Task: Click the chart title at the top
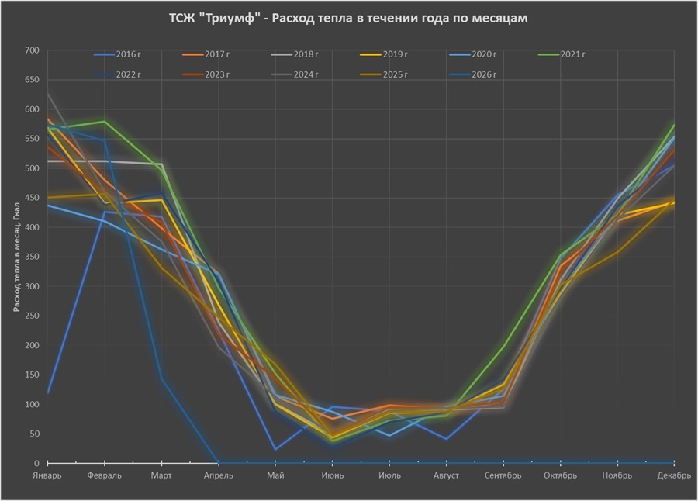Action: pyautogui.click(x=348, y=19)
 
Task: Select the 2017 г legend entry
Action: pyautogui.click(x=217, y=54)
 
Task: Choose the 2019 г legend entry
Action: pyautogui.click(x=395, y=54)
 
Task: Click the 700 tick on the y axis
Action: pyautogui.click(x=31, y=50)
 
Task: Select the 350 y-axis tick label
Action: pyautogui.click(x=31, y=257)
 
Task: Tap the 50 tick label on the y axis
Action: pyautogui.click(x=33, y=434)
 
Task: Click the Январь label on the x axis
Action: pyautogui.click(x=48, y=475)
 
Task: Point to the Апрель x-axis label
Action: pyautogui.click(x=219, y=475)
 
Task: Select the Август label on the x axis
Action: pyautogui.click(x=447, y=475)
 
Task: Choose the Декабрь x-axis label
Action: pyautogui.click(x=674, y=475)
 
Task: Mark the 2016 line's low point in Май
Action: pyautogui.click(x=275, y=449)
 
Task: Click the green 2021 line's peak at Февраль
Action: pyautogui.click(x=105, y=122)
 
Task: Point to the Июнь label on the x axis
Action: pyautogui.click(x=333, y=475)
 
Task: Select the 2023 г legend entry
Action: pyautogui.click(x=217, y=74)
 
